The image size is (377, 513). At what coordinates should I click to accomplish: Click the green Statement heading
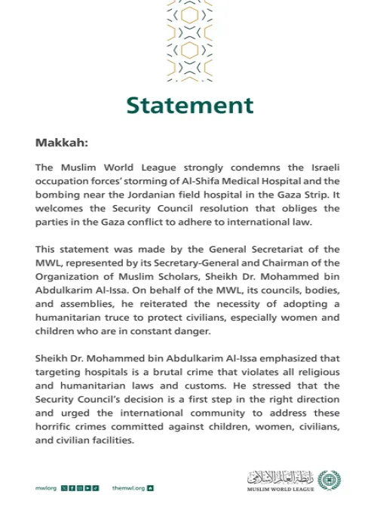(189, 104)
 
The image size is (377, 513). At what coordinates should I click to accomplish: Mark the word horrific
(57, 427)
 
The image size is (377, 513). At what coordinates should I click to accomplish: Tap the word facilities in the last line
(111, 441)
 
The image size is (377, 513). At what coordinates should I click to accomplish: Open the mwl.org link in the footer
(46, 488)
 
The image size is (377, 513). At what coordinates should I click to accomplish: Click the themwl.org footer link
(128, 488)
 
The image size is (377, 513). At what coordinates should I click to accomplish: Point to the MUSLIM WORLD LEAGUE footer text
(280, 490)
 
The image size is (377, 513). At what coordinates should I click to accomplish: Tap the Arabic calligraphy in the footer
(280, 477)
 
